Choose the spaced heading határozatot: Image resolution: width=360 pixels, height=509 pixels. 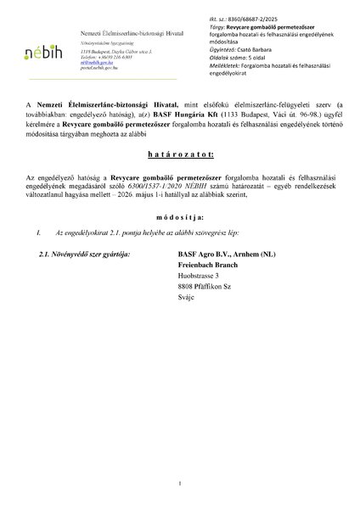coord(179,156)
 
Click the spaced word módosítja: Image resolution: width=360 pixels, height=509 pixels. coord(179,217)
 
